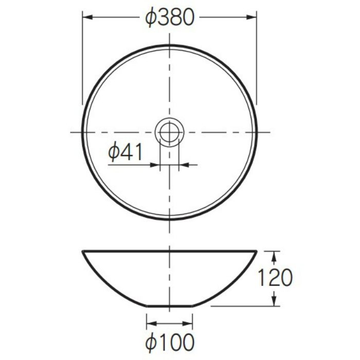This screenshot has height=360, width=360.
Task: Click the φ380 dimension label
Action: point(170,17)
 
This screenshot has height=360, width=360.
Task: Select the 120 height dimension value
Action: point(275,278)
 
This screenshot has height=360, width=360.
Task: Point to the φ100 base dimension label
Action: point(170,342)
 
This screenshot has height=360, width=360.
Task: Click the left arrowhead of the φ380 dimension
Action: point(87,17)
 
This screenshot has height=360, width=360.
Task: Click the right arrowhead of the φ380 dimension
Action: point(251,17)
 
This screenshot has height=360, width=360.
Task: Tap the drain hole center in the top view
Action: point(169,132)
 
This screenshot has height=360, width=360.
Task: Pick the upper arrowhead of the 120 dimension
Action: point(274,256)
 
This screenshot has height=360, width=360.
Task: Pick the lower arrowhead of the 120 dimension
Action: point(274,301)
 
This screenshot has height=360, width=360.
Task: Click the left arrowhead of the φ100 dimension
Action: point(152,323)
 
